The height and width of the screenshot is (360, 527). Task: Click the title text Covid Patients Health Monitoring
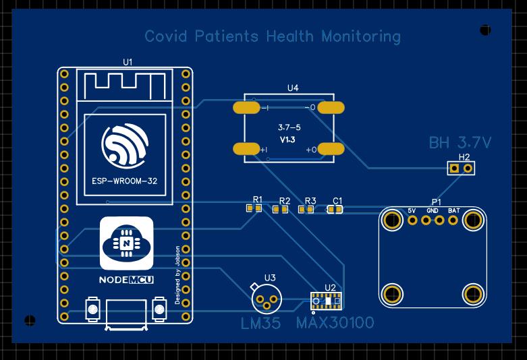[273, 36]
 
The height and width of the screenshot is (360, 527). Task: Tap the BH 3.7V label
[460, 143]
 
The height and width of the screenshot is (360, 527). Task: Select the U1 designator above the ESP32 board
[128, 62]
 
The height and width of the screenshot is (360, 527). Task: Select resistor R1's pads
[254, 209]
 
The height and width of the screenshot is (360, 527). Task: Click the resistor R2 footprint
[280, 210]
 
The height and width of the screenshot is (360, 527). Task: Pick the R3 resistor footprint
[306, 210]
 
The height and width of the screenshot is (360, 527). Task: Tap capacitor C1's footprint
[335, 210]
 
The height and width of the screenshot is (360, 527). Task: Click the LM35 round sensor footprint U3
[265, 296]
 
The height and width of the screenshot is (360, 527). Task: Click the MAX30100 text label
[335, 323]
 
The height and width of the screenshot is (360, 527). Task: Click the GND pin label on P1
[433, 211]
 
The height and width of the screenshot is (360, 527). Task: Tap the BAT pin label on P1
[454, 211]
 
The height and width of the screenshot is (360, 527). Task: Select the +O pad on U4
[331, 149]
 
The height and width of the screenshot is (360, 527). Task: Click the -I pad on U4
[246, 107]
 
